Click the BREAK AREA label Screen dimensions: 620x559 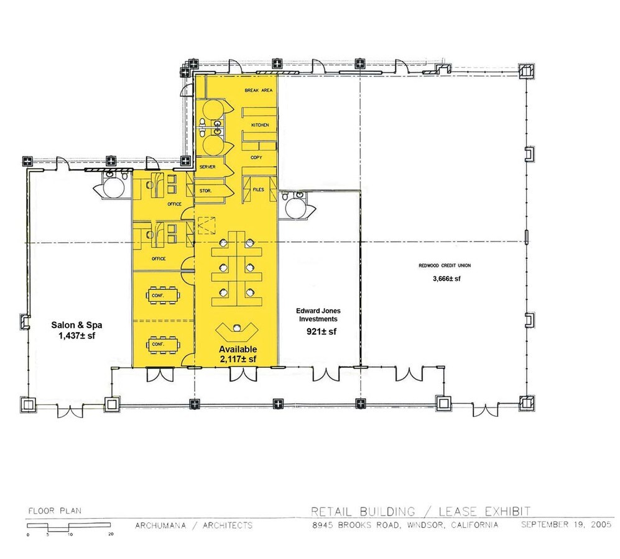click(x=259, y=91)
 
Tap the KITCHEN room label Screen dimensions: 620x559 click(x=260, y=125)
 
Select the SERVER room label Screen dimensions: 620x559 click(x=208, y=167)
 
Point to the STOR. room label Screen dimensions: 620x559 click(x=206, y=191)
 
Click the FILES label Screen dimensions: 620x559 click(x=259, y=189)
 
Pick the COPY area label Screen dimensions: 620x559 click(x=256, y=158)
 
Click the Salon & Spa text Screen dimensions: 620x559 click(x=76, y=325)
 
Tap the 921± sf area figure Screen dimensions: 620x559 click(x=322, y=332)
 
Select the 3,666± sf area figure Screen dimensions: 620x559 click(x=447, y=278)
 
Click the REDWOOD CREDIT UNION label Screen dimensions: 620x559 click(x=445, y=265)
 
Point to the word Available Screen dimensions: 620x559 click(x=238, y=349)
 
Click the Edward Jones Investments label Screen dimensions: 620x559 click(x=318, y=315)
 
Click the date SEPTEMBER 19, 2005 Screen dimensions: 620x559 click(x=567, y=525)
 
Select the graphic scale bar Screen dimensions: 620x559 click(x=69, y=527)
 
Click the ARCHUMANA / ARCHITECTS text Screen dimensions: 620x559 click(x=194, y=525)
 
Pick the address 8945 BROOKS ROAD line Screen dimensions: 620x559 click(x=405, y=525)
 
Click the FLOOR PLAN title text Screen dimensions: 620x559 click(x=55, y=511)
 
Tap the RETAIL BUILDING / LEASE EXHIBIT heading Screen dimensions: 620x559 click(x=421, y=512)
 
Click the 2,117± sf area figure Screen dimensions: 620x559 click(x=238, y=359)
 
